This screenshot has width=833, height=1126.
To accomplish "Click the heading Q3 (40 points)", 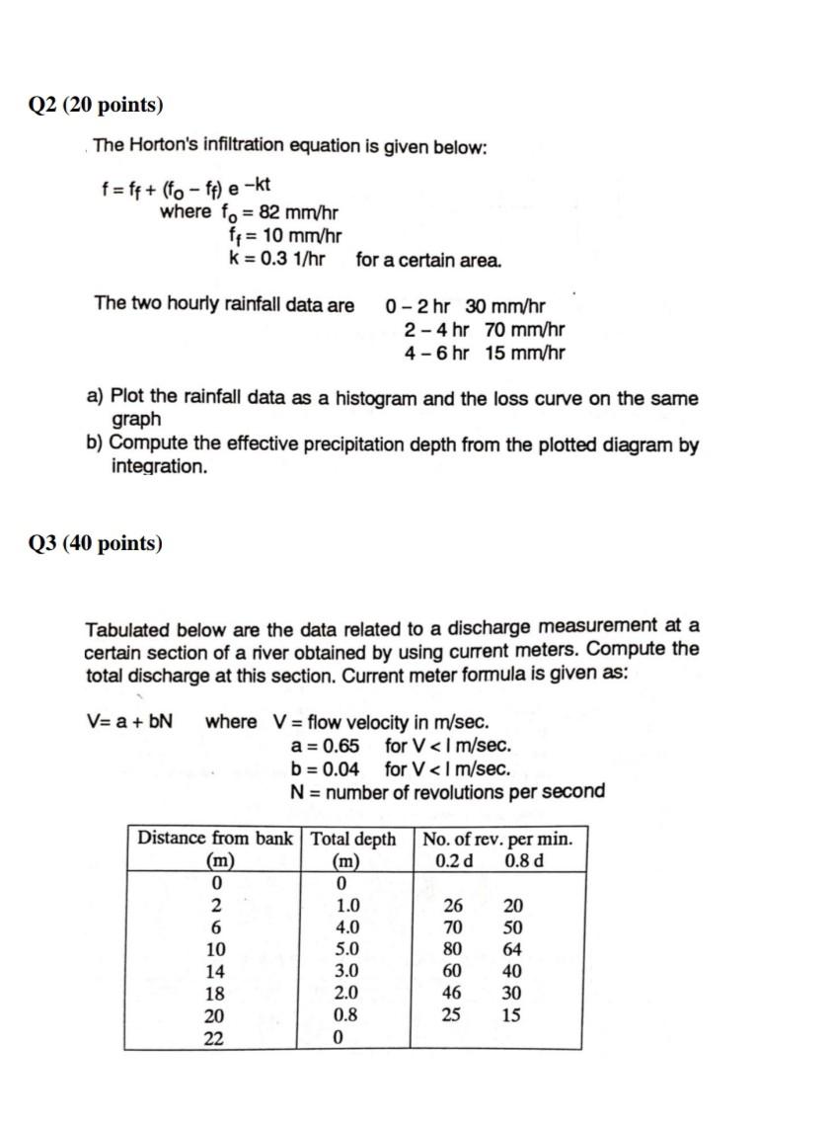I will [x=97, y=543].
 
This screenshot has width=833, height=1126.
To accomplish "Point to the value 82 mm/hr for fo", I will [x=300, y=212].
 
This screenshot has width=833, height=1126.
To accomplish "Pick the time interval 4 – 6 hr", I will [x=436, y=354].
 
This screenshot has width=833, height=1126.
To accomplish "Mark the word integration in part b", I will [x=159, y=466].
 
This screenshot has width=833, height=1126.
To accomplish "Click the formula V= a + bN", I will [x=129, y=721].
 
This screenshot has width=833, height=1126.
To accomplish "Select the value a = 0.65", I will [x=325, y=746].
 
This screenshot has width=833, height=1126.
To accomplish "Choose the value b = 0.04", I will [x=325, y=769].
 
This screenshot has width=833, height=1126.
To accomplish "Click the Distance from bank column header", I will [x=214, y=839].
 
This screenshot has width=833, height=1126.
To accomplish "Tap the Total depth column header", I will [x=353, y=839].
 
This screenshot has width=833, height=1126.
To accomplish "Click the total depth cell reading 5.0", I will [x=347, y=949].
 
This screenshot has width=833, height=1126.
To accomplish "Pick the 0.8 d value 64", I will [x=511, y=949].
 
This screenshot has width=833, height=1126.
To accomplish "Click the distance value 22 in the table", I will [x=214, y=1038].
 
